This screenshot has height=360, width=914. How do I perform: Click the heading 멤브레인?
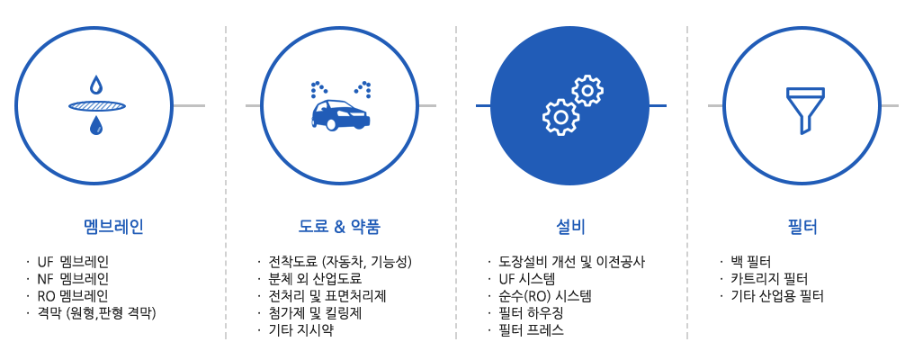(113, 227)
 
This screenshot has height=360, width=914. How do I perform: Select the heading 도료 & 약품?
(339, 227)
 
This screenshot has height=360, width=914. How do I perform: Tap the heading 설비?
(570, 227)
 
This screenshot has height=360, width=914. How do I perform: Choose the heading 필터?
(802, 227)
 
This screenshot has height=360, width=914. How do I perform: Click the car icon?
(340, 114)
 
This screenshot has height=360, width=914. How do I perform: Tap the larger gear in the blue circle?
(560, 117)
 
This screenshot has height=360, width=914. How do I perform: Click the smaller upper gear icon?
(587, 90)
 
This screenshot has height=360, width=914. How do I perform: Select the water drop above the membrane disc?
(95, 86)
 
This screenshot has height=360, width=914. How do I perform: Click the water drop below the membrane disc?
(96, 125)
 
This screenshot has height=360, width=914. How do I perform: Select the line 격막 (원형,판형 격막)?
(97, 313)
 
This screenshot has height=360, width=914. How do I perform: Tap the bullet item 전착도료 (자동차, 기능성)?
(340, 262)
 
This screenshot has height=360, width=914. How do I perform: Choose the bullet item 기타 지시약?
(300, 330)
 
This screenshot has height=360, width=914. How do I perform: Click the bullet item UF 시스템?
(527, 279)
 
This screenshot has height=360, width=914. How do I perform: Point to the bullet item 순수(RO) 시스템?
(545, 296)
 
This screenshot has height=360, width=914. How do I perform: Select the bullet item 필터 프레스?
(531, 330)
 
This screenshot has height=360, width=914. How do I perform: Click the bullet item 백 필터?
(751, 262)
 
